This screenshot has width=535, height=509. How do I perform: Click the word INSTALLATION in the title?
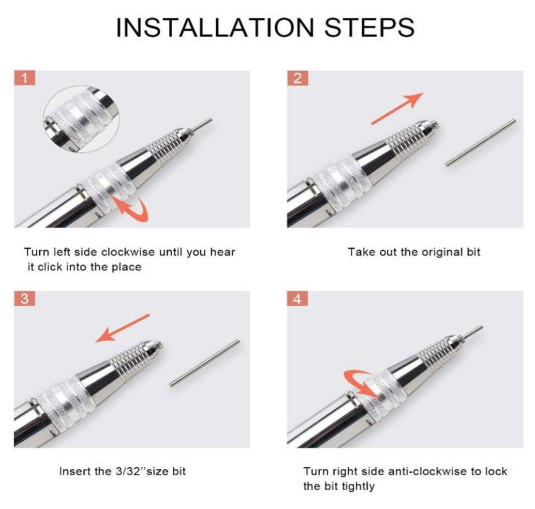click(215, 27)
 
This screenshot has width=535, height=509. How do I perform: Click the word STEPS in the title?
click(370, 27)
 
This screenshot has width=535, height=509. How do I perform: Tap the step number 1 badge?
click(25, 78)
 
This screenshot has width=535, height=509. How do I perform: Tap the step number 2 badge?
click(297, 78)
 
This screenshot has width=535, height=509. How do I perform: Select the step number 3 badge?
click(25, 299)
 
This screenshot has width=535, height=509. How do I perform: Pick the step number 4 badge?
click(297, 299)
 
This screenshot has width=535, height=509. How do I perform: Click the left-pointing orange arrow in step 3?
click(122, 328)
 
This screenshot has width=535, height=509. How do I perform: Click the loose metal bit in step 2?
click(481, 143)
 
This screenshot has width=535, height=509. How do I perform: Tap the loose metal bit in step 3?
click(205, 363)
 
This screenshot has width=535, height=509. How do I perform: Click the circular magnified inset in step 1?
click(81, 119)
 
